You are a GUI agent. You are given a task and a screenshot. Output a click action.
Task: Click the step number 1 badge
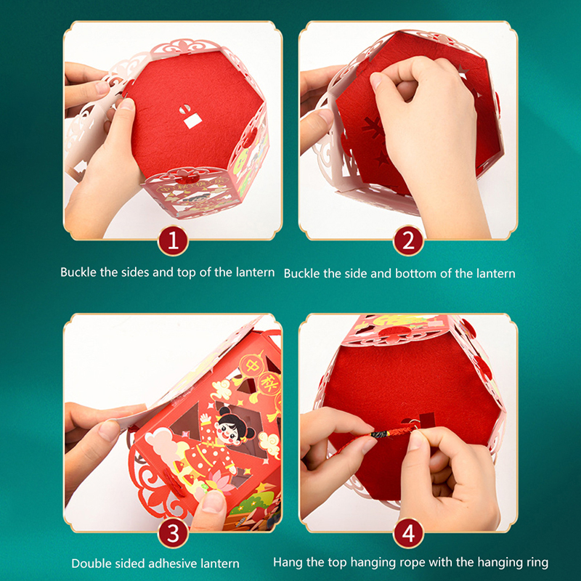(173, 241)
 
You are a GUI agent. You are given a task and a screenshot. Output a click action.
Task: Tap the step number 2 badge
(408, 241)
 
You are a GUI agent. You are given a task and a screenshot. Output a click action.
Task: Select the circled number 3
(173, 534)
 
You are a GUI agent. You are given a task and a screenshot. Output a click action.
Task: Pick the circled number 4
(408, 534)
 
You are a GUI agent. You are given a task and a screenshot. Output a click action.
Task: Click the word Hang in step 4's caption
(288, 562)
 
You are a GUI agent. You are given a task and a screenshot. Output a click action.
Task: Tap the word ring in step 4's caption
(536, 562)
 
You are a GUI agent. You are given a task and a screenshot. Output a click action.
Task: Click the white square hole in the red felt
(193, 121)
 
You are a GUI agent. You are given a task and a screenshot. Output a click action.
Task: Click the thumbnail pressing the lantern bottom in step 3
(213, 501)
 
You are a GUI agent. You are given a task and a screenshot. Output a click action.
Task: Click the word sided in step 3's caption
(127, 564)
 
